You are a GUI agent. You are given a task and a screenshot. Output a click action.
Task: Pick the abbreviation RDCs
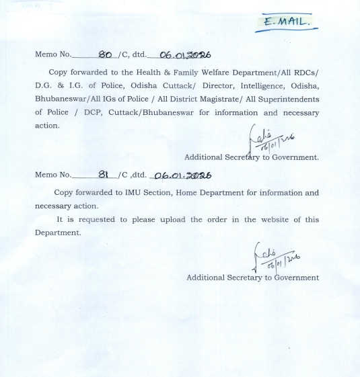click(x=308, y=73)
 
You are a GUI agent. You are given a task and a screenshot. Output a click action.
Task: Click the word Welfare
click(x=223, y=73)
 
